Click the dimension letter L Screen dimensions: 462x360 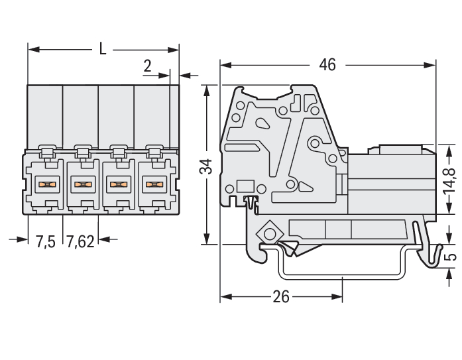pyautogui.click(x=102, y=49)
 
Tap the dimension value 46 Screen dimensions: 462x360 pyautogui.click(x=327, y=64)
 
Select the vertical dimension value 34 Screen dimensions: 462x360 pyautogui.click(x=206, y=166)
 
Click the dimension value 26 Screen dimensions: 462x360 pyautogui.click(x=281, y=296)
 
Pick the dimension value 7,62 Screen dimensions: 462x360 pyautogui.click(x=80, y=241)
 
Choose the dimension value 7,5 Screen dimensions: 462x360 pyautogui.click(x=46, y=241)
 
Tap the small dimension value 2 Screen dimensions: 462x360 pyautogui.click(x=147, y=66)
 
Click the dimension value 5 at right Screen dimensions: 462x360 pyautogui.click(x=450, y=257)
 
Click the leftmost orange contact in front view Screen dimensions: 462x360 pyautogui.click(x=47, y=185)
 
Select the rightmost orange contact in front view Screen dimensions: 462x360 pyautogui.click(x=154, y=185)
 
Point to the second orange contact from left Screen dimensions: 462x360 pyautogui.click(x=83, y=185)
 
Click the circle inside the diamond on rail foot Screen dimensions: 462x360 pyautogui.click(x=269, y=234)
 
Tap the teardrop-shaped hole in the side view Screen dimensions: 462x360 pyautogui.click(x=262, y=123)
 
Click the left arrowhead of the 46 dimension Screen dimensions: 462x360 pyautogui.click(x=225, y=65)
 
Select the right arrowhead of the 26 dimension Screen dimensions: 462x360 pyautogui.click(x=337, y=296)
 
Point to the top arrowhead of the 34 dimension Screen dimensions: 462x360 pyautogui.click(x=207, y=90)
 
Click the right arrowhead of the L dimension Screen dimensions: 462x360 pyautogui.click(x=173, y=50)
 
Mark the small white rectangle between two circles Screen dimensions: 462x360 pyautogui.click(x=245, y=187)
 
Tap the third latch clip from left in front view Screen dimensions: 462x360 pyautogui.click(x=119, y=152)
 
